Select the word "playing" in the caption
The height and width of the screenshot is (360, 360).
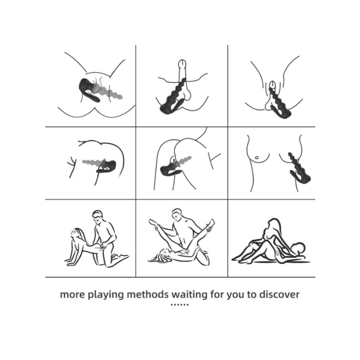pyautogui.click(x=106, y=295)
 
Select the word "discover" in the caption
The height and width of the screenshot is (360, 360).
pyautogui.click(x=279, y=294)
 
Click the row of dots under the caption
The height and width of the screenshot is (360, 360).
pyautogui.click(x=180, y=304)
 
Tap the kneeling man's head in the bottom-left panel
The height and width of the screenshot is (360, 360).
pyautogui.click(x=98, y=217)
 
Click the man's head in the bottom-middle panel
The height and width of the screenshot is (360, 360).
pyautogui.click(x=177, y=215)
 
